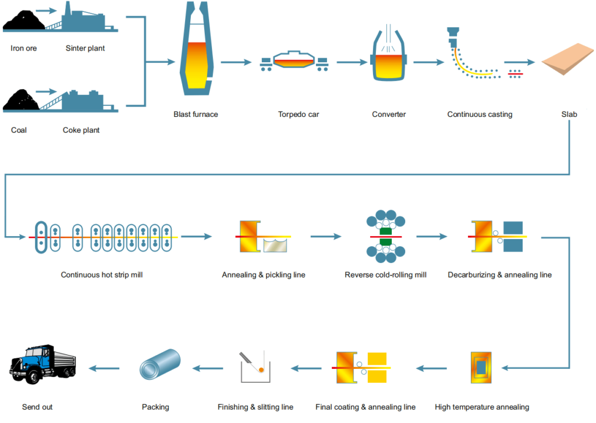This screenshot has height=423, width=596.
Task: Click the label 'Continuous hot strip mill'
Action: pos(102,275)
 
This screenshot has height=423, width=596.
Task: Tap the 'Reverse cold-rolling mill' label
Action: pos(385,275)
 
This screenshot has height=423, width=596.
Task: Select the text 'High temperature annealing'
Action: pos(482,407)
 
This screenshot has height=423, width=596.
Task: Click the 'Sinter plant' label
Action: pos(85,48)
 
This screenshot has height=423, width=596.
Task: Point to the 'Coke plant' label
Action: pos(81,130)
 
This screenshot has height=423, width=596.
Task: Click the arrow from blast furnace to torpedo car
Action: pos(235,62)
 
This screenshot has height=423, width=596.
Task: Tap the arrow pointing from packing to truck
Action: pos(104,368)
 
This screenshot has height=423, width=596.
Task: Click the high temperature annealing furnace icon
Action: pos(481,368)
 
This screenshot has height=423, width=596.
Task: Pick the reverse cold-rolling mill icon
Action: pos(385,237)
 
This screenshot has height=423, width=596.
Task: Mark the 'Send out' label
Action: pos(37,407)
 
